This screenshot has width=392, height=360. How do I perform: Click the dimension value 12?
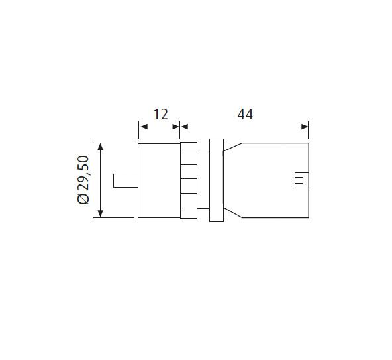click(160, 115)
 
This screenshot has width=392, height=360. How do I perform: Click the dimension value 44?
click(245, 115)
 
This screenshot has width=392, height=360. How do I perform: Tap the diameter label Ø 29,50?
click(83, 180)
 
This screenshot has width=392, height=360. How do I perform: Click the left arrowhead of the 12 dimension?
click(144, 127)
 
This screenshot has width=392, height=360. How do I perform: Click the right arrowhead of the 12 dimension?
click(175, 127)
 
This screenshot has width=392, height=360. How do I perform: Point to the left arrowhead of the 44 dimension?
click(185, 127)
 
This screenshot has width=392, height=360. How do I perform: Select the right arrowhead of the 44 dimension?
click(305, 127)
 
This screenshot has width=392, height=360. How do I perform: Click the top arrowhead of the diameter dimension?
click(100, 147)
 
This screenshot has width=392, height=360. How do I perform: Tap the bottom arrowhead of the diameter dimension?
click(100, 213)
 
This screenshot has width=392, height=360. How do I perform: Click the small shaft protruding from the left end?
click(126, 180)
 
